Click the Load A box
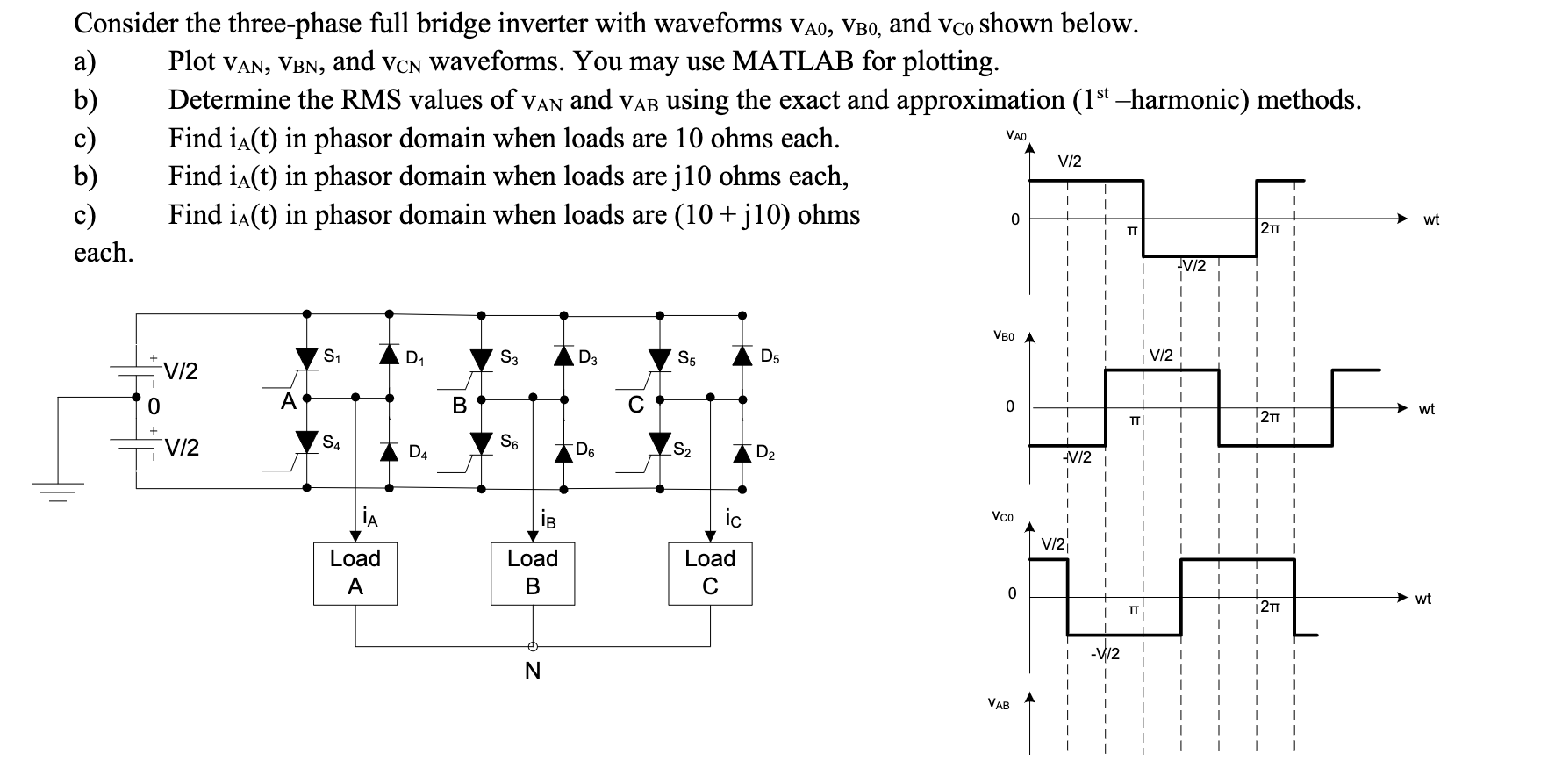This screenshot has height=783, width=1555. click(x=355, y=573)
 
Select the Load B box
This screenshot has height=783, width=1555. click(x=533, y=573)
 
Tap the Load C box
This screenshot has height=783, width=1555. click(x=710, y=573)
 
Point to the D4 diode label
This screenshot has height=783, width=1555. click(x=418, y=454)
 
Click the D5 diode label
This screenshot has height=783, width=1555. click(x=770, y=356)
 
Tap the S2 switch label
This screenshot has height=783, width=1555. click(x=682, y=452)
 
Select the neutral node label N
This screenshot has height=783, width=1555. click(x=532, y=672)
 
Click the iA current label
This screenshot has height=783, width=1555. click(x=370, y=518)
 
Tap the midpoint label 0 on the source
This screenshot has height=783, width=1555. click(x=153, y=407)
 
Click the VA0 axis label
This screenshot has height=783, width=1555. click(x=1016, y=136)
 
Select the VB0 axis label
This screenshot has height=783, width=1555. click(x=1003, y=335)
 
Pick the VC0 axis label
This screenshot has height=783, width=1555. click(x=1003, y=518)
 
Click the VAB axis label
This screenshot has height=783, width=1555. click(x=998, y=704)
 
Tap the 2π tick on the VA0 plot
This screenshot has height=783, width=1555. click(x=1270, y=229)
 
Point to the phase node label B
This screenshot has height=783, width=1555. click(x=459, y=406)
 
